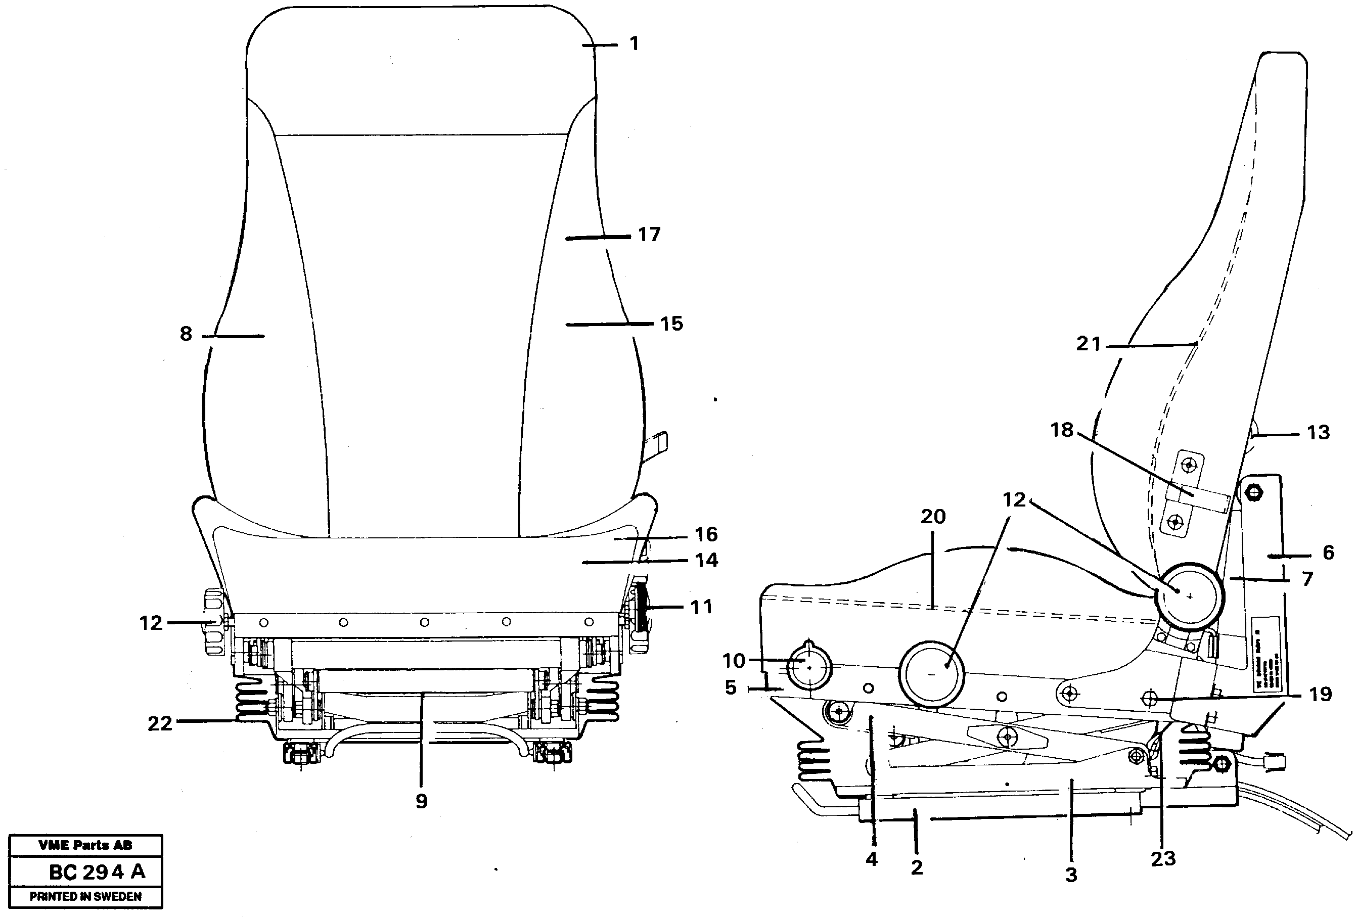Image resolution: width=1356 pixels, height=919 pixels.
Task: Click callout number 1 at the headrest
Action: tap(634, 44)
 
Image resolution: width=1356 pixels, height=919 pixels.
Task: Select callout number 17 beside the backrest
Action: tap(649, 235)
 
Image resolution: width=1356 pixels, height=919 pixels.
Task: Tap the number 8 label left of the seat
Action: tap(186, 334)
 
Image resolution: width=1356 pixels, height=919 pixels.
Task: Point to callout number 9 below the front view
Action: tap(421, 801)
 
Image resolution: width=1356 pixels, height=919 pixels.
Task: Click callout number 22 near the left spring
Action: tap(159, 723)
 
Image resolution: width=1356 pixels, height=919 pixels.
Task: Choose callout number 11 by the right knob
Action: tap(701, 607)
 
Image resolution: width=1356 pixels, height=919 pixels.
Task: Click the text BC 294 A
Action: tap(97, 872)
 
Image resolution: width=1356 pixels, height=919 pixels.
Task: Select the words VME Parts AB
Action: tap(85, 845)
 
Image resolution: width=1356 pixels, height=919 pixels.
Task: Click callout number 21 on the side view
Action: tap(1088, 344)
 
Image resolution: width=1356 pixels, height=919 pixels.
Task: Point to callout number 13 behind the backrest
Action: tap(1318, 432)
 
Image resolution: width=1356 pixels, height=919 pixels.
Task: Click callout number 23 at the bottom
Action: tap(1162, 858)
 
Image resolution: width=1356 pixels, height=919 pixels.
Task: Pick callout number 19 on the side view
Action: tap(1320, 695)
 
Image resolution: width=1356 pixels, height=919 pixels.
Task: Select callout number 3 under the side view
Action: tap(1071, 875)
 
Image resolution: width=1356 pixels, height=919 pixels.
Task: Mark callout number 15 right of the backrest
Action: tap(671, 324)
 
